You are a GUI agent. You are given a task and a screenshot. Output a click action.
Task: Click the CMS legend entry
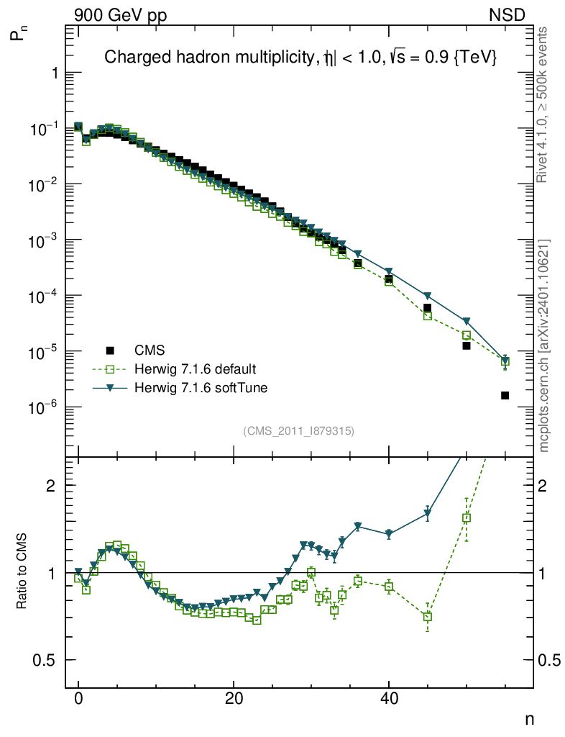pos(150,351)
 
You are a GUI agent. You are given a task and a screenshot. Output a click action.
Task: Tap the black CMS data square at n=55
pos(505,395)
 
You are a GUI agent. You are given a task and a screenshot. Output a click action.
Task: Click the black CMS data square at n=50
pos(467,345)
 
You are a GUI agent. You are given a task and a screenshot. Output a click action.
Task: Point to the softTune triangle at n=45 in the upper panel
pos(428,297)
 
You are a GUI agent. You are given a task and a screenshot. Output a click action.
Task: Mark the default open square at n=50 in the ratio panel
pos(467,517)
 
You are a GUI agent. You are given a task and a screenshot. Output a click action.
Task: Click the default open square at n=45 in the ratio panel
pos(428,617)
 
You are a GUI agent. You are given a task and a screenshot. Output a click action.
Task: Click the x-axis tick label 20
pos(234,699)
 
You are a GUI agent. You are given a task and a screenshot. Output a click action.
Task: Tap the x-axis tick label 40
pos(389,699)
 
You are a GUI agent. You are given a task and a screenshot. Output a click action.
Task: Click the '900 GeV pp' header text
pos(119,14)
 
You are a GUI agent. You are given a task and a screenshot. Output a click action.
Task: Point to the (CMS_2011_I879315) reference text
pos(299,430)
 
